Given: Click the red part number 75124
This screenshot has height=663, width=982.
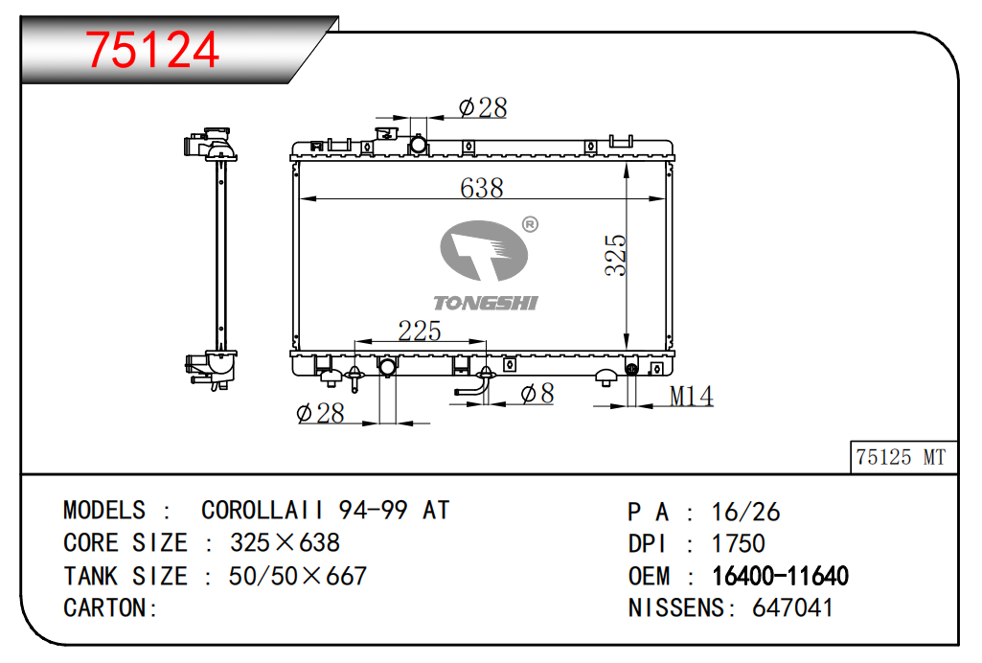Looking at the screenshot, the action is [x=152, y=50].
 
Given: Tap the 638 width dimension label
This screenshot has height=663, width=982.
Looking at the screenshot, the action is [x=481, y=188].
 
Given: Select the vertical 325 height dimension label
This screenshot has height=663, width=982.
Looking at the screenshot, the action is [x=615, y=255].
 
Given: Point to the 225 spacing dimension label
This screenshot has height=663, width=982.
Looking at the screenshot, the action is [x=419, y=331].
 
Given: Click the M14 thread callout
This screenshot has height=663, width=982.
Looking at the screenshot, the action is [x=691, y=396].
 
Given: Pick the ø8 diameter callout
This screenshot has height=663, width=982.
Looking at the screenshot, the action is [x=537, y=393].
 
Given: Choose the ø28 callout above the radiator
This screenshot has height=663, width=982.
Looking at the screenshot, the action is [x=482, y=107].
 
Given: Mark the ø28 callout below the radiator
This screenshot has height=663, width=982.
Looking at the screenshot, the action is [x=320, y=413].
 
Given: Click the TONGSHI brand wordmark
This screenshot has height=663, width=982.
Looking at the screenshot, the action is [x=486, y=303].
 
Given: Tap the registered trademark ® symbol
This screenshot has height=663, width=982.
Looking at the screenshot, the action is [x=530, y=224].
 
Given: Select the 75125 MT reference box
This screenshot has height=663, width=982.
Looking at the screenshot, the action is [x=903, y=457].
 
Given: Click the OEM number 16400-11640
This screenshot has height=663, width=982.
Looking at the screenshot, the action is [x=781, y=576].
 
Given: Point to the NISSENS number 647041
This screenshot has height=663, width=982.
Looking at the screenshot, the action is [x=793, y=607].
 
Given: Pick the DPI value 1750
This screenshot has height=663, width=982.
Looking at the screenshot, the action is [x=739, y=543].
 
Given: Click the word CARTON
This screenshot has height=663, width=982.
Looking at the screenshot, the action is [x=105, y=607].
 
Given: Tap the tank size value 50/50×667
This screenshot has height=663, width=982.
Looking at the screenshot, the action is [x=298, y=576].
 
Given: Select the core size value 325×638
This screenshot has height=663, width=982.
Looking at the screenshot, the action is [x=285, y=543].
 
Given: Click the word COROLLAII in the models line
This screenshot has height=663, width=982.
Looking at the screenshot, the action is [x=263, y=511].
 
